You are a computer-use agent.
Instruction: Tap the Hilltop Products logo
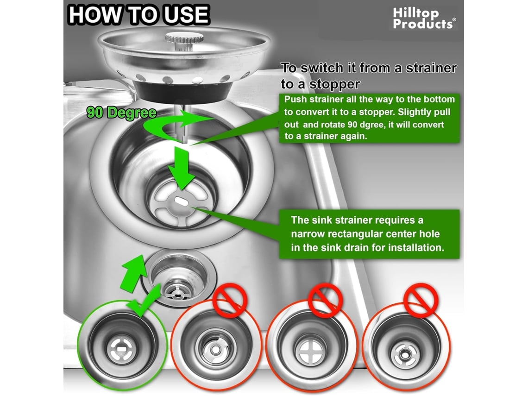[424, 19]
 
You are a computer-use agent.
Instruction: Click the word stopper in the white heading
[335, 84]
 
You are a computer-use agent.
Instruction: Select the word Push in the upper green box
[295, 100]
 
